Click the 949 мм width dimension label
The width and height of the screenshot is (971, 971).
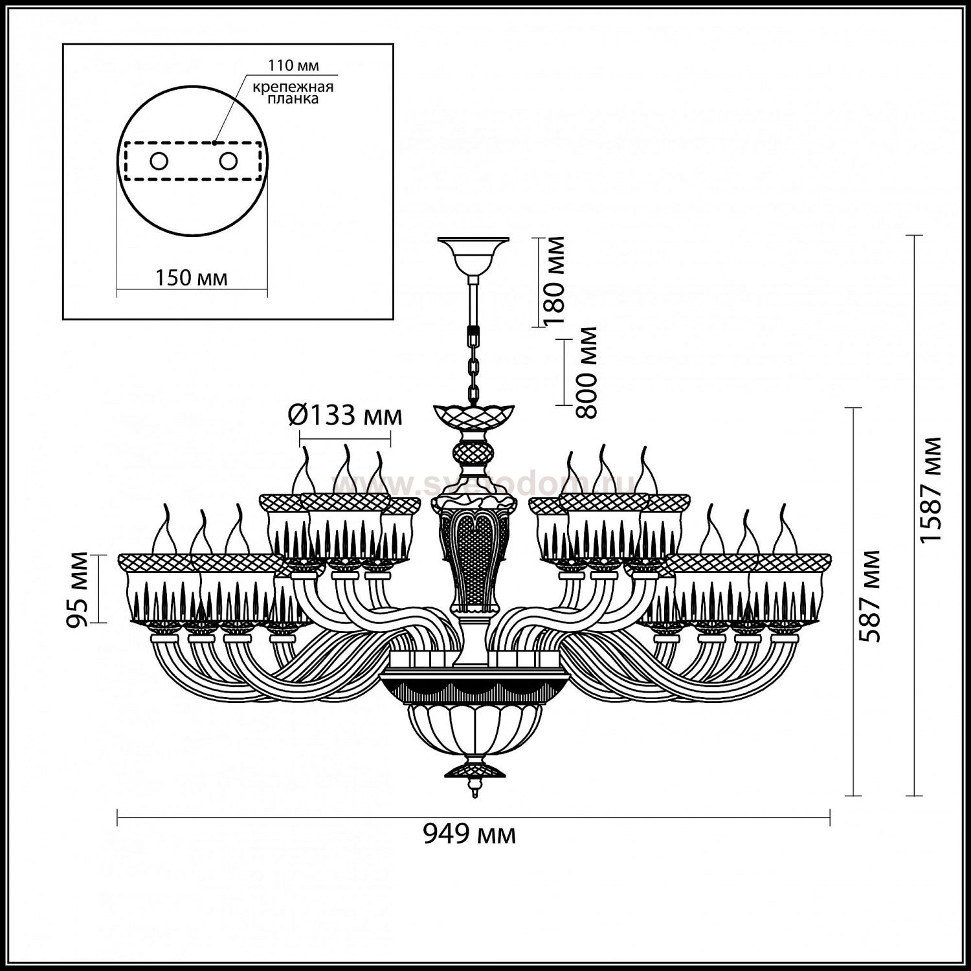tap(470, 835)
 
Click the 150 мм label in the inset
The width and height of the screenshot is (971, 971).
tap(191, 278)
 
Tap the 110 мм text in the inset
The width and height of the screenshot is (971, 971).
tap(294, 65)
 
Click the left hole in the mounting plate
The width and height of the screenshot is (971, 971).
tap(157, 161)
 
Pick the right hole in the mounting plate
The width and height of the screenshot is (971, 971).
tap(227, 161)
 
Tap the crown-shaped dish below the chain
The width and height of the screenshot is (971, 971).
tap(475, 415)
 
